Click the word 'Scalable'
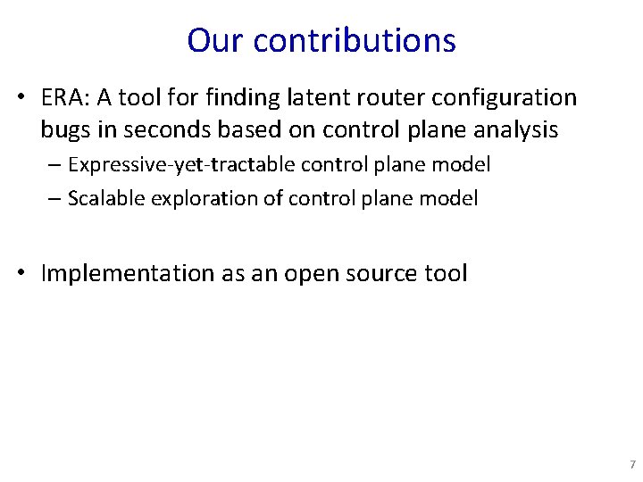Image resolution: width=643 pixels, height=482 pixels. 103,198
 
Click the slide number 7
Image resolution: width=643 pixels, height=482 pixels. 632,465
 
